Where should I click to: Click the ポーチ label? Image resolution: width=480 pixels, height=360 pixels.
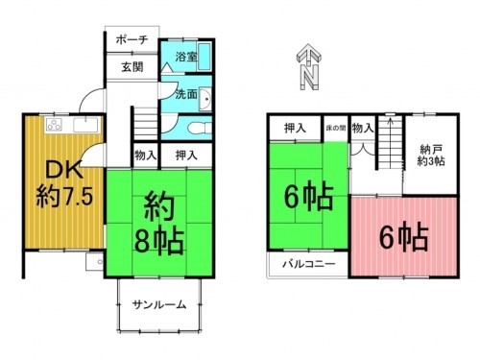[131, 40]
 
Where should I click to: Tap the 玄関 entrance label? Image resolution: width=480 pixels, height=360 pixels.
[131, 68]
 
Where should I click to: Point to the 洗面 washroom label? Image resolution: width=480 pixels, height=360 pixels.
[186, 95]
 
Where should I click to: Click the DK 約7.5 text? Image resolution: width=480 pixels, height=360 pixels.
[62, 186]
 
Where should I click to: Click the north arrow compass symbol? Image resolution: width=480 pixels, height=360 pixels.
[308, 64]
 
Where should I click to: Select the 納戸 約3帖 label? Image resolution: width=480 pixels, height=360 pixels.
[432, 154]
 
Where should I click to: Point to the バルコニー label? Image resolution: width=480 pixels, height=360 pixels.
[306, 263]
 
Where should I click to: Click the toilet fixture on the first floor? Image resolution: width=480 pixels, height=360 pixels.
[197, 127]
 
